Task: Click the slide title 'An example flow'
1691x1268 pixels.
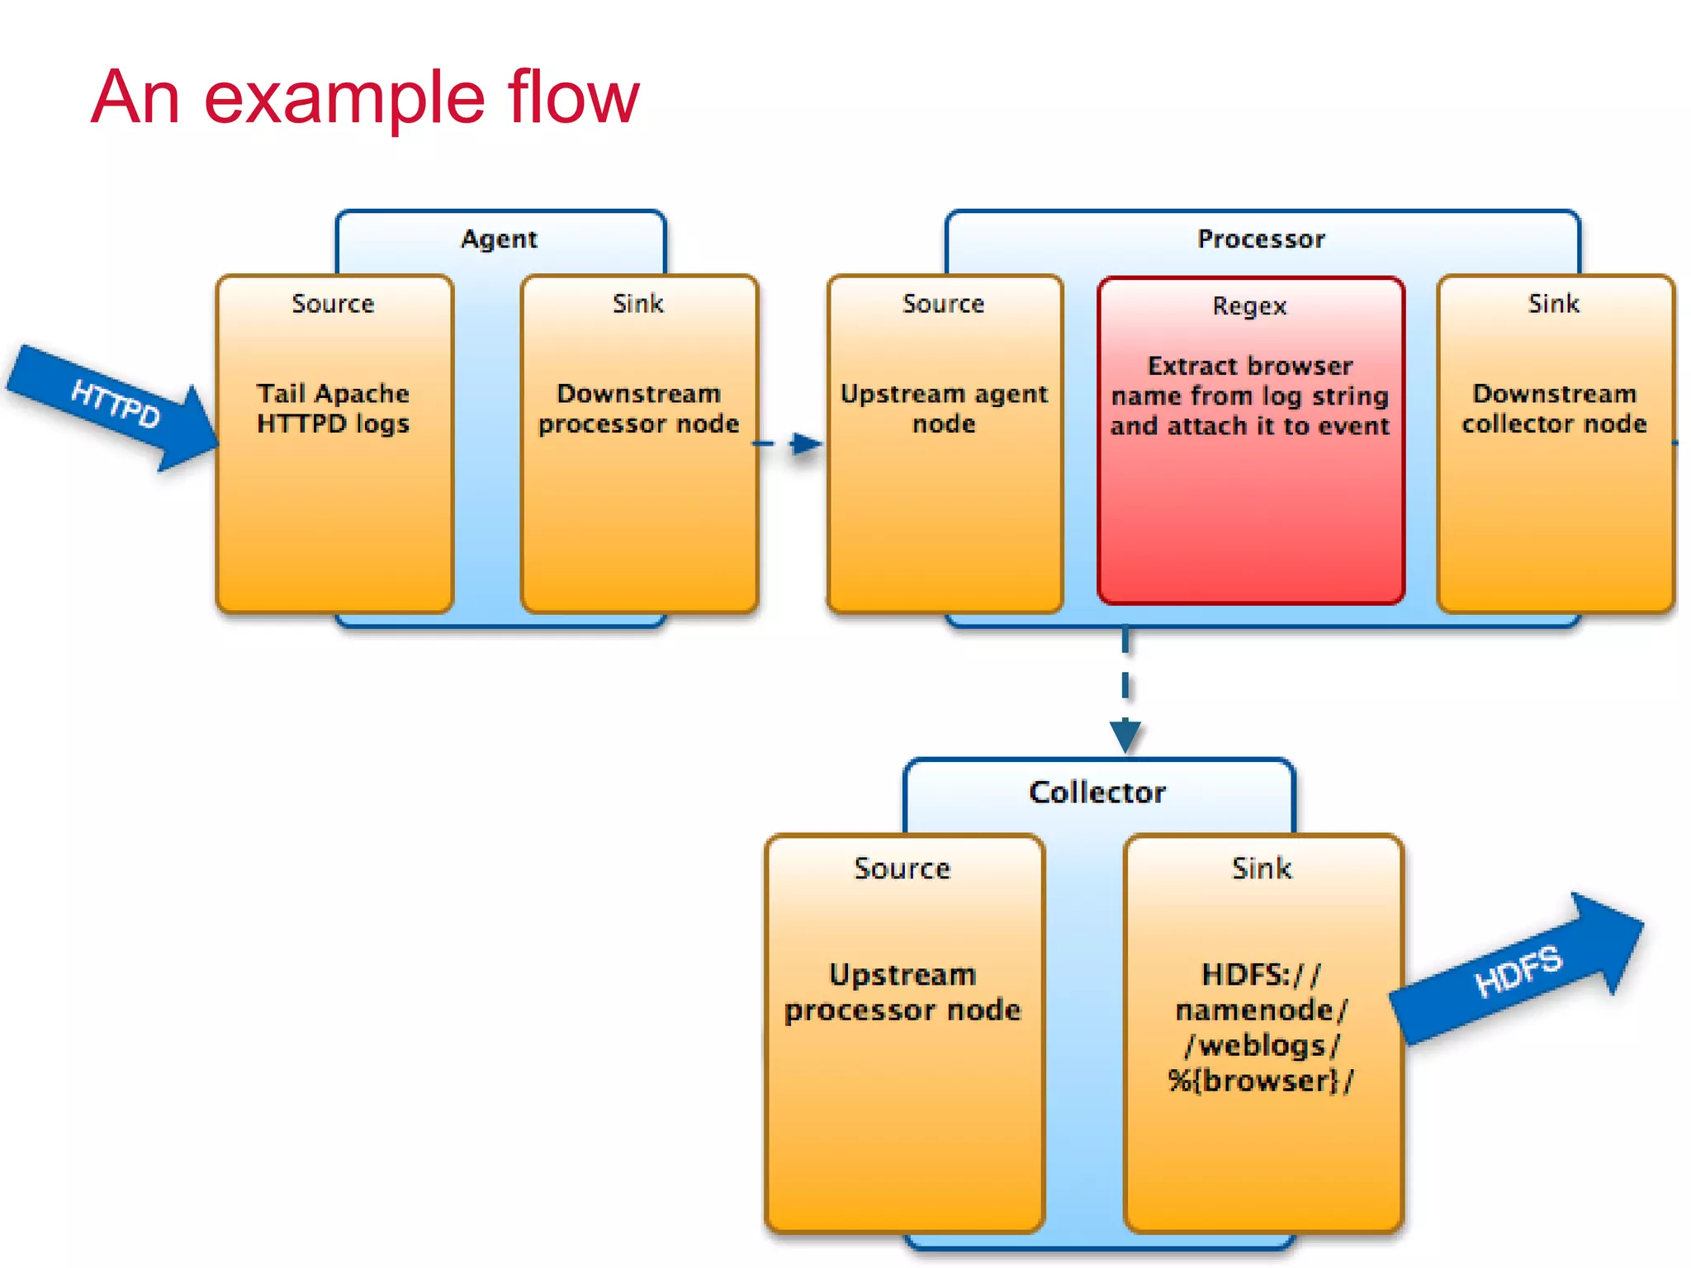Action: pyautogui.click(x=364, y=97)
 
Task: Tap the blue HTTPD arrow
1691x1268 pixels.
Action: pyautogui.click(x=116, y=405)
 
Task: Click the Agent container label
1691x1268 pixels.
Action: pyautogui.click(x=499, y=239)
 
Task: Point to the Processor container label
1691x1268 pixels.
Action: pyautogui.click(x=1261, y=239)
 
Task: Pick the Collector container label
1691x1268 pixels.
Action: pyautogui.click(x=1097, y=792)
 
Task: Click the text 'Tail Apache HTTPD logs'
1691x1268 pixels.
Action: pyautogui.click(x=333, y=409)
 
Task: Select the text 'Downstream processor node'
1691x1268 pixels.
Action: pyautogui.click(x=638, y=409)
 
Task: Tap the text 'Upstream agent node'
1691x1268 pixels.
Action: pyautogui.click(x=944, y=409)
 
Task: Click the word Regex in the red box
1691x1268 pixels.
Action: pyautogui.click(x=1249, y=306)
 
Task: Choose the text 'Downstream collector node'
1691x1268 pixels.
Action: pyautogui.click(x=1554, y=409)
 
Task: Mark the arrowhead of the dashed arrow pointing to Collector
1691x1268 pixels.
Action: pyautogui.click(x=1125, y=736)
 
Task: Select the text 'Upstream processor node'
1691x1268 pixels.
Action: pyautogui.click(x=902, y=992)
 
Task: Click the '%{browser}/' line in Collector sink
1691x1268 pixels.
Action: pyautogui.click(x=1260, y=1081)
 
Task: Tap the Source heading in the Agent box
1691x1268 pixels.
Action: pyautogui.click(x=333, y=304)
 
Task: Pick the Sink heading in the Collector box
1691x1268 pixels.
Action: pyautogui.click(x=1261, y=868)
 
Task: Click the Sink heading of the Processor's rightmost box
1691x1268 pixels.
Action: pyautogui.click(x=1553, y=304)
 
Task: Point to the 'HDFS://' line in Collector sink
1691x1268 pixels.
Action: pyautogui.click(x=1261, y=975)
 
